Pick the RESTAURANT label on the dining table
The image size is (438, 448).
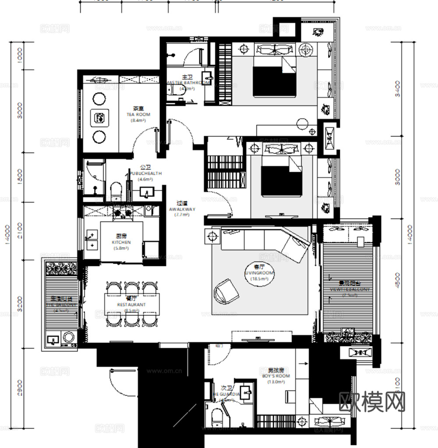click(x=131, y=304)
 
